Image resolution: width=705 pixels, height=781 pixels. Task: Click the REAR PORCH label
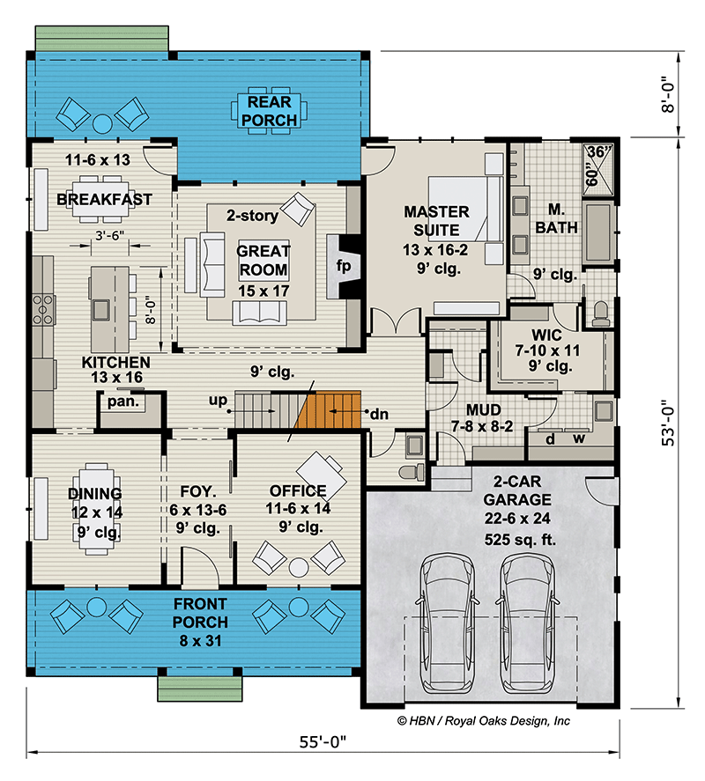pyautogui.click(x=270, y=110)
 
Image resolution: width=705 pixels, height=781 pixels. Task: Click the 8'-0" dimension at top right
pyautogui.click(x=672, y=94)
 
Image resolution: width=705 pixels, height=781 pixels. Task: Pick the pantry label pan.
pyautogui.click(x=119, y=402)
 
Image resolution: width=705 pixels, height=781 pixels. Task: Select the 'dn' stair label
pyautogui.click(x=378, y=412)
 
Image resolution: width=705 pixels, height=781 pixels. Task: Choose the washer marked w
pyautogui.click(x=579, y=438)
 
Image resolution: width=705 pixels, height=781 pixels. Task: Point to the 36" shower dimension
pyautogui.click(x=597, y=151)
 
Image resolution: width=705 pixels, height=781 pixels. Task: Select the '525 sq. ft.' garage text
pyautogui.click(x=520, y=540)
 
